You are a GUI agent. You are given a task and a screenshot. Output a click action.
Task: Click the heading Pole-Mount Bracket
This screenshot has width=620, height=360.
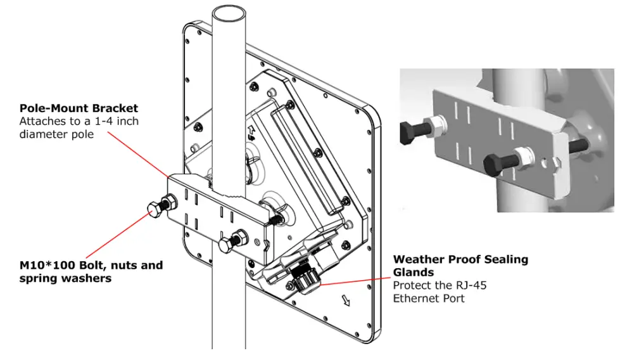coord(79,108)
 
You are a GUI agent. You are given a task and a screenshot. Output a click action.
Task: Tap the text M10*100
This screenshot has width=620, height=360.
coord(45,265)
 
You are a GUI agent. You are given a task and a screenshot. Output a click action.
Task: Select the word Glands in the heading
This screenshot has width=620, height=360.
coord(414,273)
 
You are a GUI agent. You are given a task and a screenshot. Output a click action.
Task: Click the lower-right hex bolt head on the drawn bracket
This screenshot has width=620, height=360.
coord(225,245)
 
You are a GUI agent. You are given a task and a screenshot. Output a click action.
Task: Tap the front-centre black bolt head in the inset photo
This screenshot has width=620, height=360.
coord(495,167)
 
